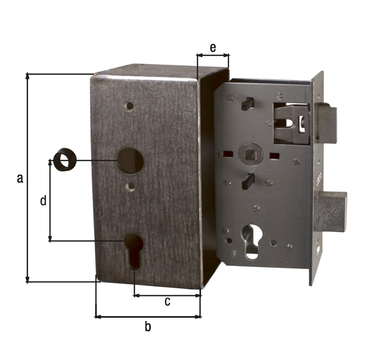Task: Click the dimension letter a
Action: click(20, 179)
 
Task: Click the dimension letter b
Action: click(148, 326)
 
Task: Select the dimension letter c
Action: click(167, 301)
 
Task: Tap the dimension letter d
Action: click(43, 200)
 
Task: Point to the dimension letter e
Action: click(213, 48)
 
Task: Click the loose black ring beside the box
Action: click(64, 160)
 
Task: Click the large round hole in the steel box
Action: click(130, 161)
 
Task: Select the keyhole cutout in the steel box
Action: click(134, 251)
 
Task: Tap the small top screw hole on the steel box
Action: click(130, 106)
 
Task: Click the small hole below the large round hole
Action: click(131, 186)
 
